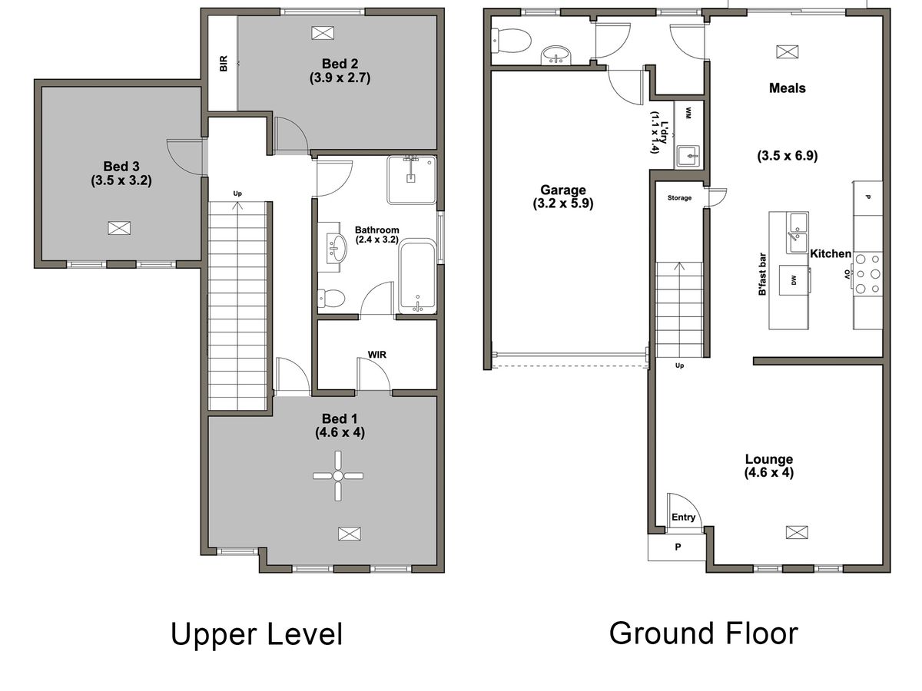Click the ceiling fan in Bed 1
(x=338, y=476)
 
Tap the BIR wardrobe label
(x=224, y=64)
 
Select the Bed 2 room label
(x=340, y=64)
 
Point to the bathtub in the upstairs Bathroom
(x=417, y=276)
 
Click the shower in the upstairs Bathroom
(x=411, y=180)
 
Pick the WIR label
(x=376, y=355)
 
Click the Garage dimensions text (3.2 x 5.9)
(x=563, y=204)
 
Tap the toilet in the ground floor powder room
(x=511, y=41)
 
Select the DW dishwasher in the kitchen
(x=794, y=280)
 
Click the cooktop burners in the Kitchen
(x=867, y=273)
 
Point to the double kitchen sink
(x=797, y=233)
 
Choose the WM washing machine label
(x=688, y=113)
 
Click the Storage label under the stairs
(x=679, y=197)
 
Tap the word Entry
(x=683, y=517)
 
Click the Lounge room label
(x=769, y=459)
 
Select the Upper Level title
(x=257, y=633)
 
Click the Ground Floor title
(x=704, y=633)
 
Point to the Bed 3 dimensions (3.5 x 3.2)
(x=121, y=181)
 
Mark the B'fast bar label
(x=762, y=274)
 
